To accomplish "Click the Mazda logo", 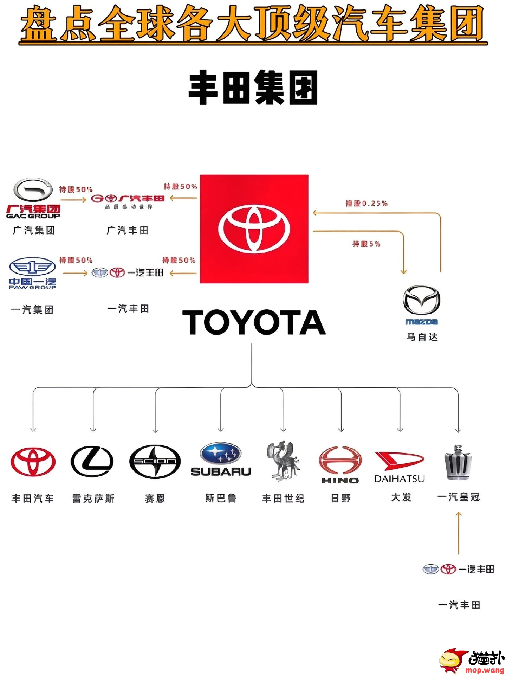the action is point(421,300).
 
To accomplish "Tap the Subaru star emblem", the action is point(220,454).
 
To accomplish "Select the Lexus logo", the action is point(92,461).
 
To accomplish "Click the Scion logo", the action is point(155,462).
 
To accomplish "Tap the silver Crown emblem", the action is point(458,462).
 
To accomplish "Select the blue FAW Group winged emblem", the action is point(32,267).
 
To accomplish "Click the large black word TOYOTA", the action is point(254,322).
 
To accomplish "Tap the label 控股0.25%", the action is point(366,203).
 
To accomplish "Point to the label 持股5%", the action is point(366,244).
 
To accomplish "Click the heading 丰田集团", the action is point(253,88).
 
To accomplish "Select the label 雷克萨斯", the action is point(93,498).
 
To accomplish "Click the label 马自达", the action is point(422,337).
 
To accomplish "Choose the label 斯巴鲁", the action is point(221,498).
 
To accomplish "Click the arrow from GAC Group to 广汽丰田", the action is point(73,200).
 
